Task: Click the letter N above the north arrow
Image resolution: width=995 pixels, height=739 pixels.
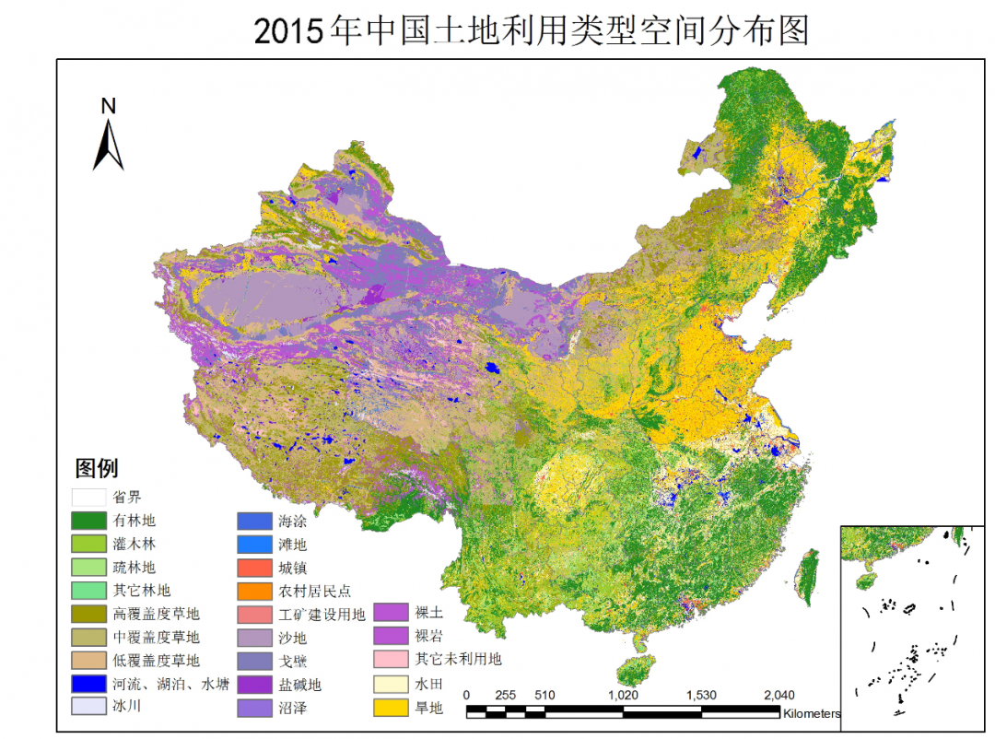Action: tap(109, 106)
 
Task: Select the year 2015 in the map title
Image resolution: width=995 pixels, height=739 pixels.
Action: tap(289, 30)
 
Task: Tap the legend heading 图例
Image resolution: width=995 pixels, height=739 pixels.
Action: tap(97, 468)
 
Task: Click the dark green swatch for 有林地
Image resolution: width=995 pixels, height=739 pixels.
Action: tap(89, 520)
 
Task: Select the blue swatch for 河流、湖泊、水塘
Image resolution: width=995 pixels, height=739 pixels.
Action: tap(89, 684)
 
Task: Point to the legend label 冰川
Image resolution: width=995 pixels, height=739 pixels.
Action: tap(126, 707)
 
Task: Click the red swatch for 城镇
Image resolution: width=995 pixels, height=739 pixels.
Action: tap(255, 568)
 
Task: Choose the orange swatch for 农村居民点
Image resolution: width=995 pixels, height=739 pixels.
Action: tap(255, 591)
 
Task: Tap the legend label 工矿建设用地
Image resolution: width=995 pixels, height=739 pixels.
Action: tap(322, 614)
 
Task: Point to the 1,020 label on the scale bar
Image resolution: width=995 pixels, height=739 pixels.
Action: tap(624, 695)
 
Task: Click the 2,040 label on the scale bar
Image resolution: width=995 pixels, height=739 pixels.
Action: tap(780, 695)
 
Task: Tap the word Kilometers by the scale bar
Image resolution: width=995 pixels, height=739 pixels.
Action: tap(812, 713)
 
